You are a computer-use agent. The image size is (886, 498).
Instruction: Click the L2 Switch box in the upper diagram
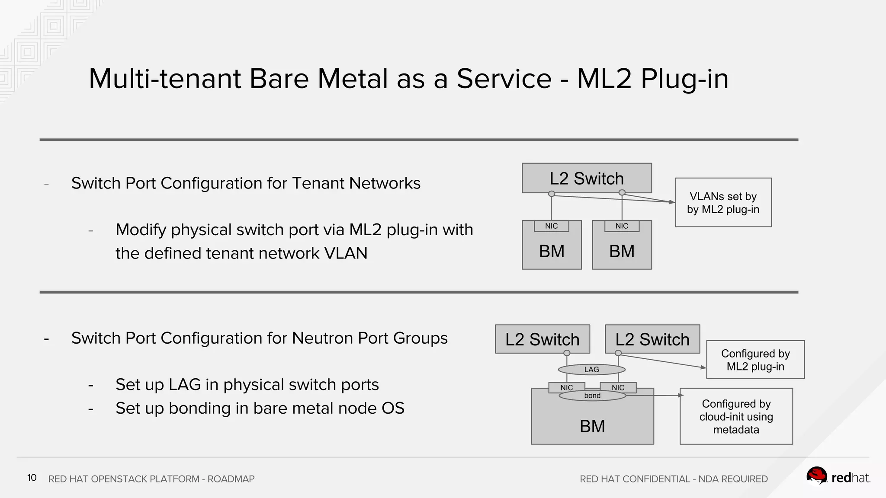click(x=587, y=178)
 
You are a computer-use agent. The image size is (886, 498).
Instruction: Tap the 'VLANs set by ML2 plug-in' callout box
click(x=723, y=203)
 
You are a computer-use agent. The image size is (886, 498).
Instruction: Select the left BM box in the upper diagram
click(x=552, y=251)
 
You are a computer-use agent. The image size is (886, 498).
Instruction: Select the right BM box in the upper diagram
click(x=622, y=251)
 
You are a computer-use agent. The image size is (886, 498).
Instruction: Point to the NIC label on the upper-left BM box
click(x=551, y=226)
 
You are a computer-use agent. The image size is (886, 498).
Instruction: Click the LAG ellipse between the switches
click(x=591, y=370)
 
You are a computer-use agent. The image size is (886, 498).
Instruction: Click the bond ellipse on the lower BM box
click(x=592, y=396)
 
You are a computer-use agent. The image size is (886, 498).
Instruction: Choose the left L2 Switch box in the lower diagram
click(x=542, y=339)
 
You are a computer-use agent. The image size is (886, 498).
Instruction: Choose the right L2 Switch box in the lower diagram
click(x=652, y=339)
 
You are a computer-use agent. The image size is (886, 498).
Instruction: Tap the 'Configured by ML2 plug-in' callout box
click(x=755, y=360)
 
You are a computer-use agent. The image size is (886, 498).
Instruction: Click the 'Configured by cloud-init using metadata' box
click(x=736, y=416)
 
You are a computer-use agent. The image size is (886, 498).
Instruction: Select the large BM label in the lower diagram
click(x=592, y=426)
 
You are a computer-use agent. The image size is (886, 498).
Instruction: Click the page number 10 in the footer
click(x=32, y=478)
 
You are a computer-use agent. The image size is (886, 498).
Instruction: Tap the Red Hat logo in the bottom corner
click(x=838, y=477)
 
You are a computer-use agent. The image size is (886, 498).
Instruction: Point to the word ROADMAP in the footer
click(x=231, y=479)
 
